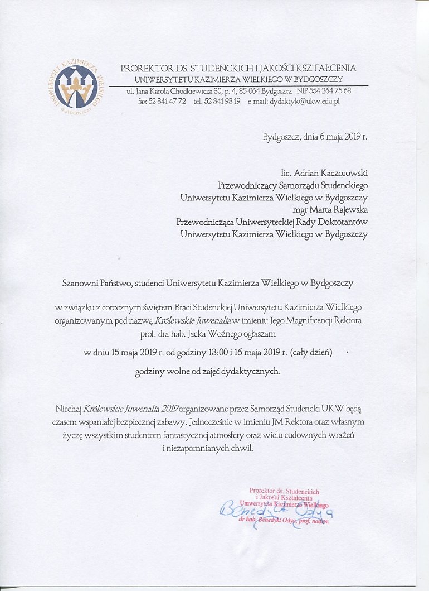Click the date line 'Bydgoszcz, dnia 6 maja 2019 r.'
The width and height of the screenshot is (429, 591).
[x=315, y=136]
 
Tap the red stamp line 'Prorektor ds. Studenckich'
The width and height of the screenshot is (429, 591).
[x=284, y=491]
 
